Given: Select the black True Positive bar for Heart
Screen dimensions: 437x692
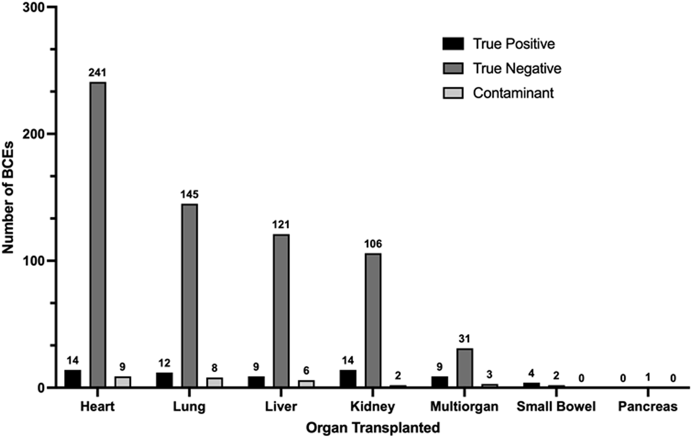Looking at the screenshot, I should click(73, 378).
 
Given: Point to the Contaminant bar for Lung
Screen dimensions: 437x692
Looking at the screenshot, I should click(214, 382).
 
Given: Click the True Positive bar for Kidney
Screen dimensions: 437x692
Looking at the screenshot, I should click(348, 378).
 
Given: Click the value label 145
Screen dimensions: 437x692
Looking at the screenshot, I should click(189, 194).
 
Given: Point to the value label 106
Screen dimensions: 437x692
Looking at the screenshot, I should click(373, 244).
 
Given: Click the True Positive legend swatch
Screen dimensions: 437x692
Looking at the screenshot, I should click(453, 44).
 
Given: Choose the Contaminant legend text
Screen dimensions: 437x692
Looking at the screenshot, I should click(513, 93).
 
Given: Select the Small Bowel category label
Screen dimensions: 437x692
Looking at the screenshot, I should click(556, 407).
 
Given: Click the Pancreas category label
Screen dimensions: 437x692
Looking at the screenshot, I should click(648, 407).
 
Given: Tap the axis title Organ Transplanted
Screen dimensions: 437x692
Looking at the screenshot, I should click(373, 428).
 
